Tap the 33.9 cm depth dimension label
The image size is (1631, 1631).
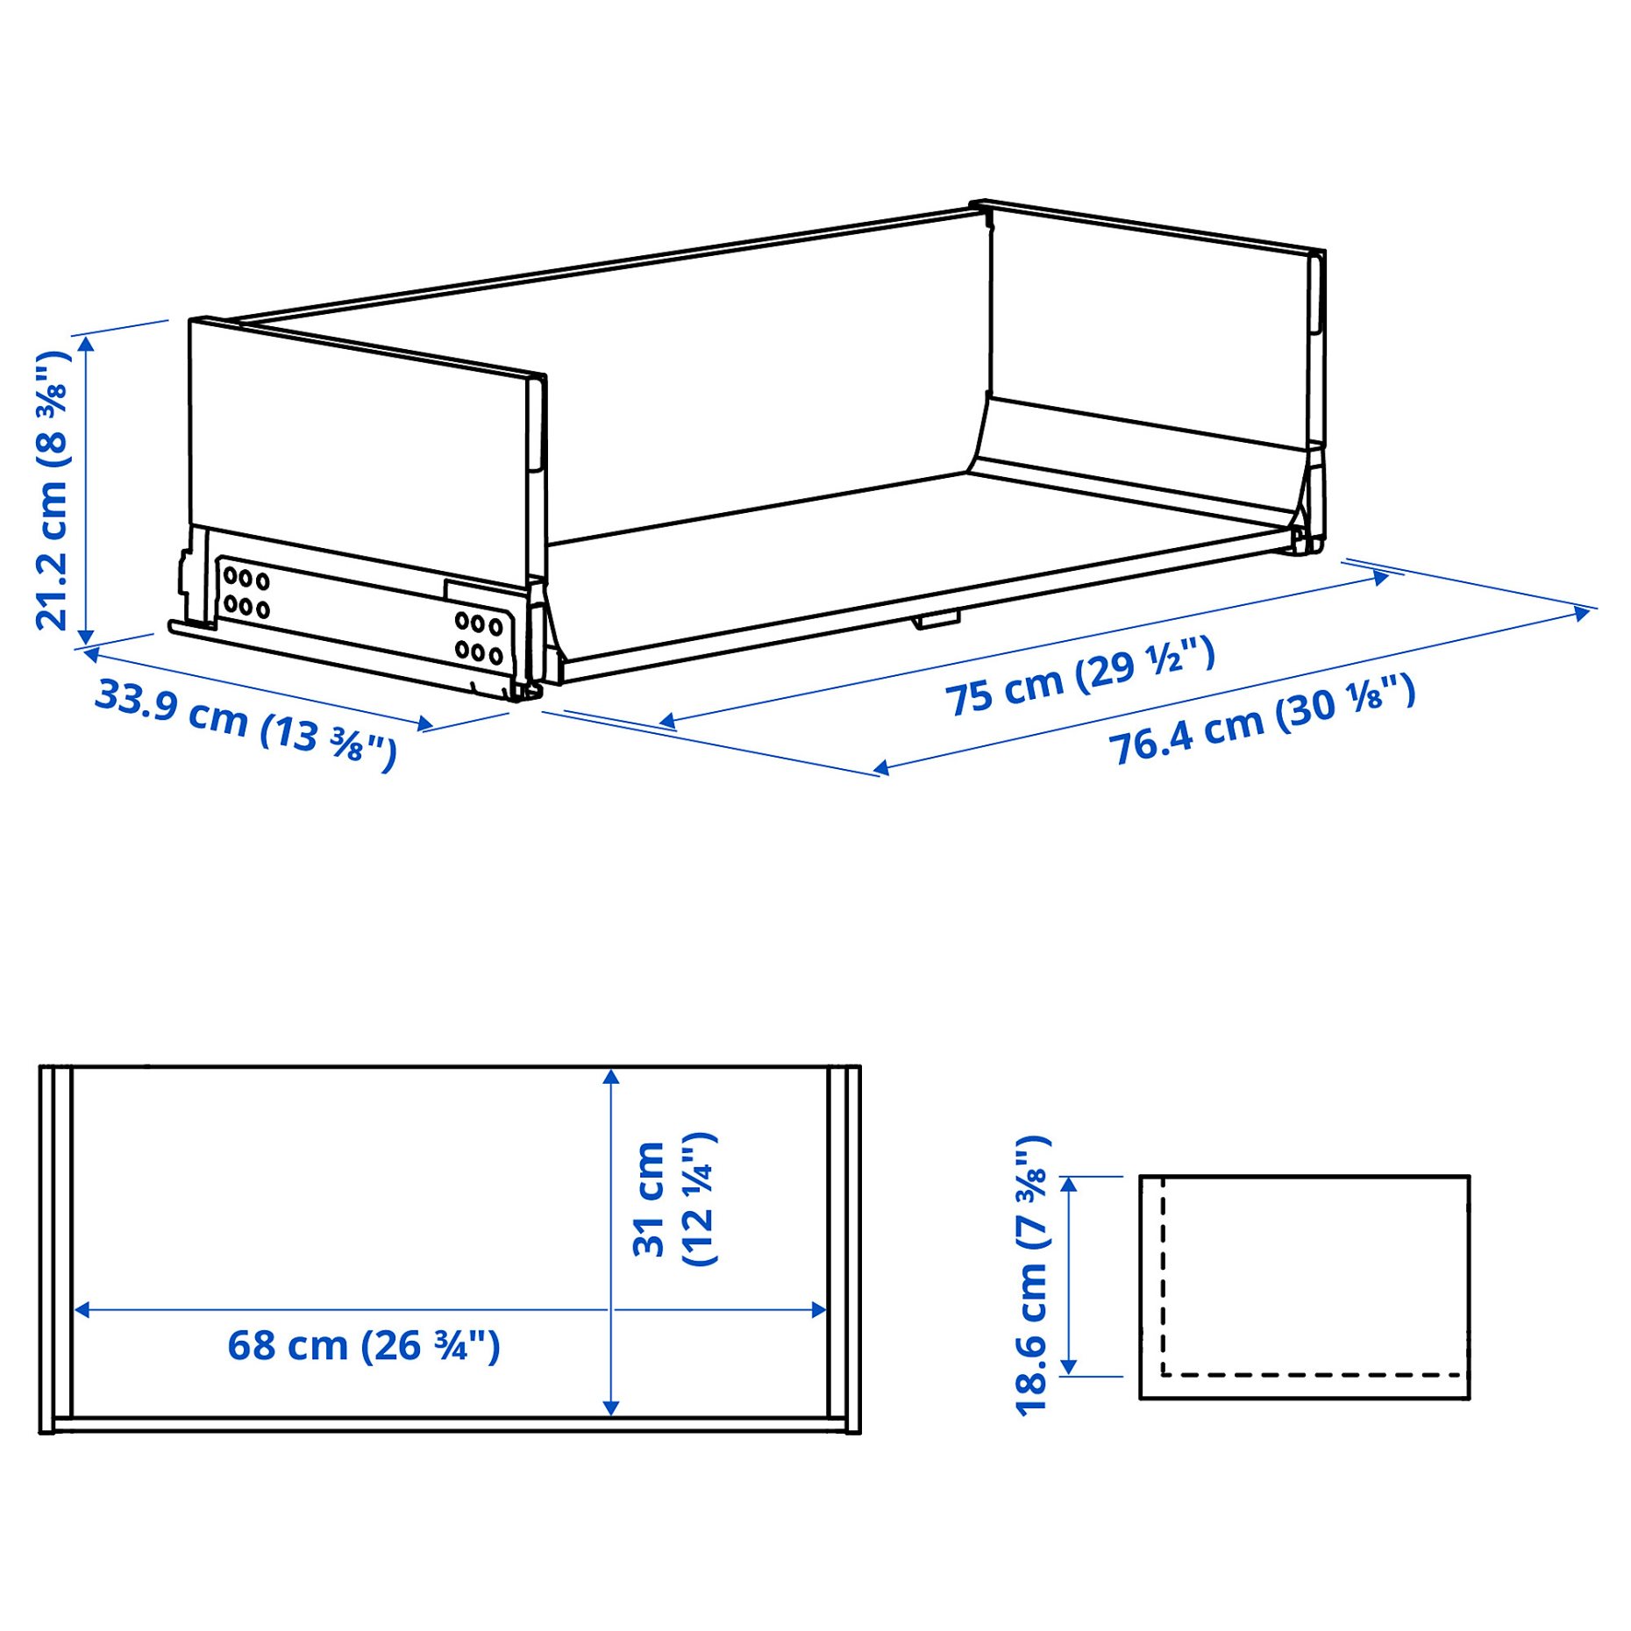(246, 724)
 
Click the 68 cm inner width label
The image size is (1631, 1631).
(363, 1345)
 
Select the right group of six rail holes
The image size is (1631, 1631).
(478, 637)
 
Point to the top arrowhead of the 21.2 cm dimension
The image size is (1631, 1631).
(86, 343)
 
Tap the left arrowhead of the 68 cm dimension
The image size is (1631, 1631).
(82, 1310)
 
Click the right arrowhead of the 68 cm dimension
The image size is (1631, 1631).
(819, 1310)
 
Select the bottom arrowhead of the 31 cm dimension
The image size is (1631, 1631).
(611, 1407)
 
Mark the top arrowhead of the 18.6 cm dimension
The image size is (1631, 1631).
(1068, 1185)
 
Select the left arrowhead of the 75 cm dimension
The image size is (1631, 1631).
(666, 722)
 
